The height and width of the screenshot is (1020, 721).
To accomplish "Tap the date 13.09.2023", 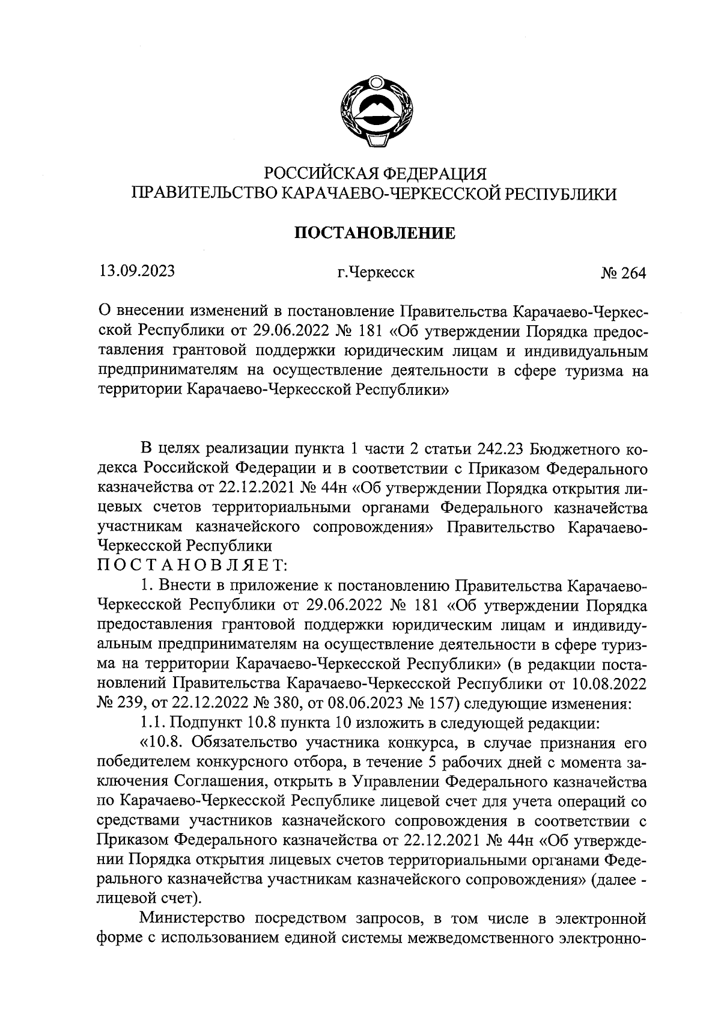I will click(138, 271).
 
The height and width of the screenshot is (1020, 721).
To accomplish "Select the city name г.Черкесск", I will click(376, 273).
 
